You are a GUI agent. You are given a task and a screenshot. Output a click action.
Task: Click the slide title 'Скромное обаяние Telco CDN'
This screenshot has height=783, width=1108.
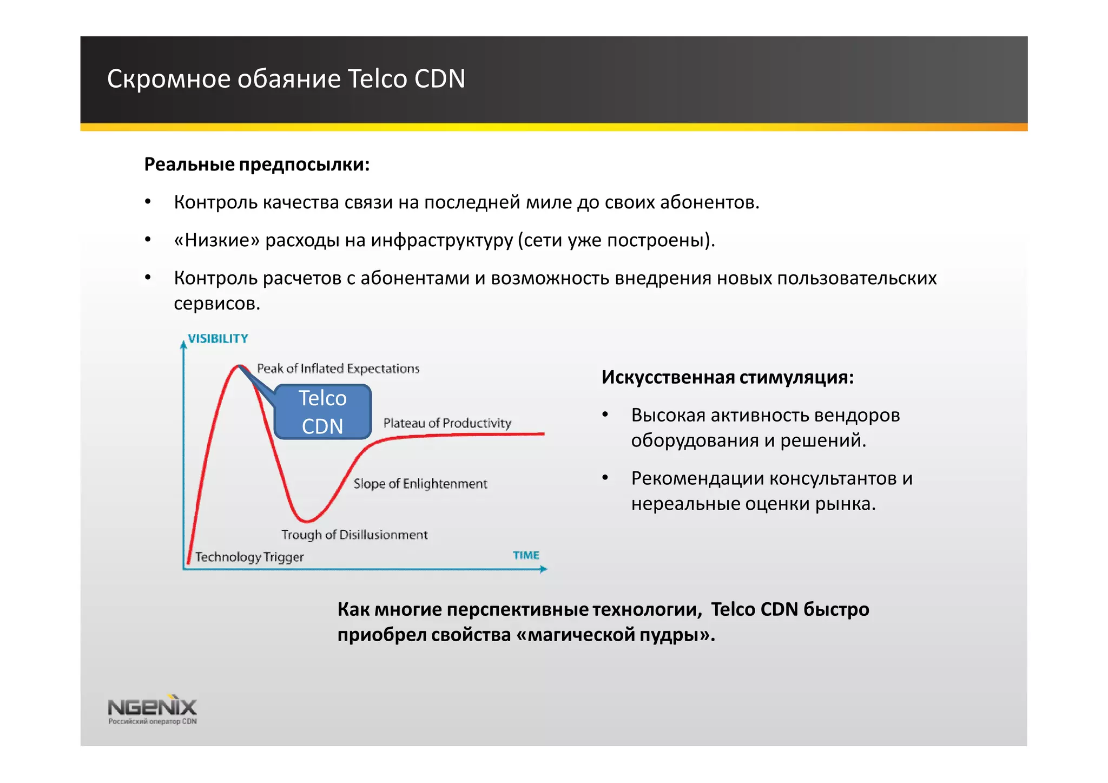pyautogui.click(x=286, y=79)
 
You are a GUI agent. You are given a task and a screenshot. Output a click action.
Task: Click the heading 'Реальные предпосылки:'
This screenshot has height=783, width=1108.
pyautogui.click(x=256, y=164)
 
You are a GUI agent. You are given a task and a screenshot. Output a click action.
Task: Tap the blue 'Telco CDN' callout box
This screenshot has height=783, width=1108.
pyautogui.click(x=322, y=412)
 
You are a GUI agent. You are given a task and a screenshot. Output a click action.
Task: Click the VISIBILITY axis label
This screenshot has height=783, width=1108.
pyautogui.click(x=217, y=339)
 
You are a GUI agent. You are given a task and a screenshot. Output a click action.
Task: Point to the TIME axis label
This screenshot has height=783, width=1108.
pyautogui.click(x=526, y=555)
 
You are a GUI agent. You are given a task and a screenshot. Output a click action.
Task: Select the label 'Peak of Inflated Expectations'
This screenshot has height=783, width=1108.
pyautogui.click(x=338, y=369)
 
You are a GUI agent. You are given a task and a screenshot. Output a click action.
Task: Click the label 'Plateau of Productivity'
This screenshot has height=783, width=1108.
pyautogui.click(x=447, y=423)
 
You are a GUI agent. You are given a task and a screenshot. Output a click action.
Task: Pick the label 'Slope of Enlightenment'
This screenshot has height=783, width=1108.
pyautogui.click(x=420, y=484)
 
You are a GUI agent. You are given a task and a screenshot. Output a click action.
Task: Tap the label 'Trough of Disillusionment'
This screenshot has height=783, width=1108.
pyautogui.click(x=354, y=535)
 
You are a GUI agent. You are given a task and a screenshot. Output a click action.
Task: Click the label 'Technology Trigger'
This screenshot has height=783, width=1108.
pyautogui.click(x=249, y=557)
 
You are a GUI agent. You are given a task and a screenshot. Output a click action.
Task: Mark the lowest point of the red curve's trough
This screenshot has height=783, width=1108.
pyautogui.click(x=306, y=521)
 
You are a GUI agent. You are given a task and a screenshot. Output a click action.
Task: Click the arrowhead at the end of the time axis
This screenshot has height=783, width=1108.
pyautogui.click(x=544, y=569)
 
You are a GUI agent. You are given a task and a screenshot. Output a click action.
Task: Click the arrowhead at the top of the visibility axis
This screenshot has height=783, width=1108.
pyautogui.click(x=183, y=344)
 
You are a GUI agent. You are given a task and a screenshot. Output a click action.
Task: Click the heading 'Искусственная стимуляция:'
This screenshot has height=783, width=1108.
pyautogui.click(x=727, y=377)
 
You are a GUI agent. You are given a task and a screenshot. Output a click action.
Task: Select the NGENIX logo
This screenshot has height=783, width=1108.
pyautogui.click(x=152, y=708)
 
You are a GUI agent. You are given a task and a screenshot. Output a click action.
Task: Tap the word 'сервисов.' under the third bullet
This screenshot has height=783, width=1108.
pyautogui.click(x=217, y=303)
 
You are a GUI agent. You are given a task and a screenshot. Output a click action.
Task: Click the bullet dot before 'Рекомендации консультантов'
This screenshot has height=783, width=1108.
pyautogui.click(x=605, y=478)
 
